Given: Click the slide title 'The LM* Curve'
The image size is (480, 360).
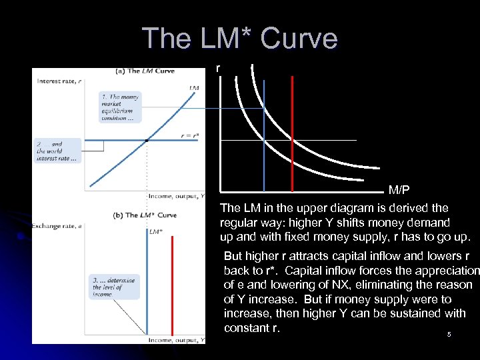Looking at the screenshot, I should click(240, 39).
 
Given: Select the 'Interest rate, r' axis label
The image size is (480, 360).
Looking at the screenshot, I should click(60, 81).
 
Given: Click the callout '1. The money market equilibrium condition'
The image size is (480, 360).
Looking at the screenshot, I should click(119, 107).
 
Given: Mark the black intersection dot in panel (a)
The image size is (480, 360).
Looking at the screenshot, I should click(147, 140).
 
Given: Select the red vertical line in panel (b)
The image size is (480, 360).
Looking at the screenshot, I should click(173, 287).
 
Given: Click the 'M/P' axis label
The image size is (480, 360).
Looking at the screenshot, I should click(399, 191).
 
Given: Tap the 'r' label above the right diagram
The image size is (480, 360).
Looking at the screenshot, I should click(217, 69).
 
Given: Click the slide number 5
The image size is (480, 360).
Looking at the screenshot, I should click(449, 335).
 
